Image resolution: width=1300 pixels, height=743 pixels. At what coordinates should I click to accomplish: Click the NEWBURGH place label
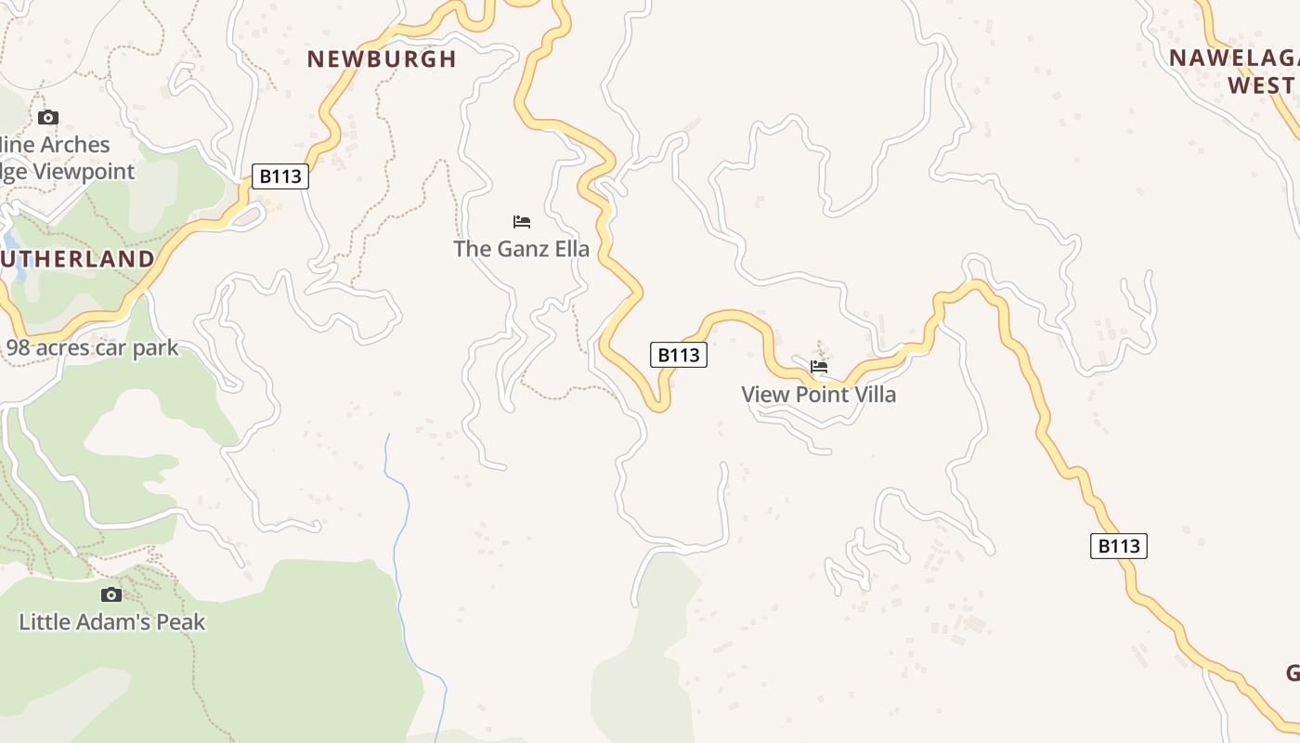pos(382,59)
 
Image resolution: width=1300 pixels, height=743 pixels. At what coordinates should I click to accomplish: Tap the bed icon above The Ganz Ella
pos(522,222)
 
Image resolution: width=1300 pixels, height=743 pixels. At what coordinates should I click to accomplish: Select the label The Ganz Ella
pos(521,249)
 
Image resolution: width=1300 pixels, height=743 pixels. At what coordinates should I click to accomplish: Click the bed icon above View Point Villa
pos(819,367)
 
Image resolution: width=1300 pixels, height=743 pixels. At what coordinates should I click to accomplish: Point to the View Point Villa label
pos(818,395)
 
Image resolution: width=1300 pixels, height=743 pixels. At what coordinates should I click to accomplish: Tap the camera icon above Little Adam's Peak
pos(111,594)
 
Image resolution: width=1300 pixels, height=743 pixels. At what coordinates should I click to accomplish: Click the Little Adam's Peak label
pos(111,621)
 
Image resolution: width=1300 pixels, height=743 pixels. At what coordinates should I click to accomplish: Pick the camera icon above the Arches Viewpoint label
pos(48,117)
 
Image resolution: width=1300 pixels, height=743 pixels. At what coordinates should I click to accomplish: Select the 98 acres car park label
pos(92,348)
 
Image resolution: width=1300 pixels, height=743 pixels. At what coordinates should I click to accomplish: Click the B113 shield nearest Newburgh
pos(279,176)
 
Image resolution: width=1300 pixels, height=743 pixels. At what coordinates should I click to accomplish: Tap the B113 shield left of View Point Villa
pos(678,355)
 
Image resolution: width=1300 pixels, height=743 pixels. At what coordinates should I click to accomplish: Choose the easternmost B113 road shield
pos(1118,546)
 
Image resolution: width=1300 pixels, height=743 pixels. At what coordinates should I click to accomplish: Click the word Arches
pos(73,145)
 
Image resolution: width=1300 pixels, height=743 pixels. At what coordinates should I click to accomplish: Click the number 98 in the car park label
pos(19,348)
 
